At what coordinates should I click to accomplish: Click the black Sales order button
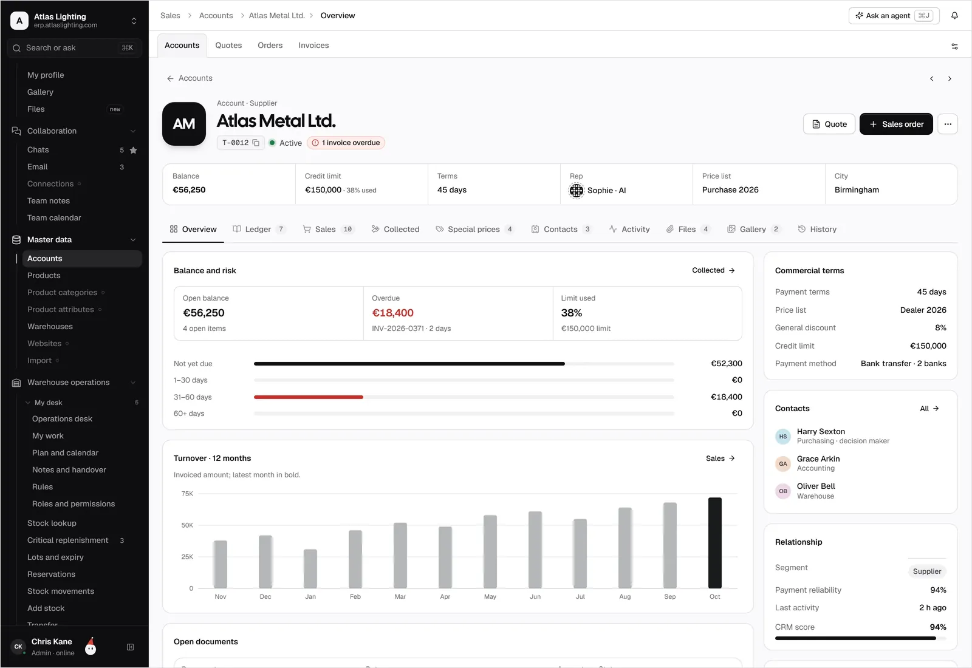click(x=895, y=124)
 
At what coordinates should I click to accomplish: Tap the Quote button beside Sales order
click(x=829, y=124)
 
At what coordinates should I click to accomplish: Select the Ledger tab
click(x=259, y=229)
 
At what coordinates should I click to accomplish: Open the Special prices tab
click(x=474, y=229)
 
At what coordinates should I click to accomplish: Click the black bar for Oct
click(x=714, y=543)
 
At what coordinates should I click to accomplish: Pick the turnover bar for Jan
click(x=310, y=568)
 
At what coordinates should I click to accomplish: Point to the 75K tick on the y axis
click(x=187, y=494)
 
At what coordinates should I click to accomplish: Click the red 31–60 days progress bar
click(x=309, y=397)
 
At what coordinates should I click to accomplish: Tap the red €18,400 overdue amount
click(x=392, y=313)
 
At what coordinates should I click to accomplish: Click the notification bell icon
click(x=954, y=16)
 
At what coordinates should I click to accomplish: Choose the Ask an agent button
click(x=894, y=16)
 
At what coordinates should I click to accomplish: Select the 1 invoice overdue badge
click(x=346, y=143)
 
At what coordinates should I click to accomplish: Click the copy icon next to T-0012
click(x=256, y=143)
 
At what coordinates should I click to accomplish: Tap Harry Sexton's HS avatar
click(x=783, y=437)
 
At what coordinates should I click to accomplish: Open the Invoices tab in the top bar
click(x=313, y=45)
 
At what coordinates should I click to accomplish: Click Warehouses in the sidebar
click(x=50, y=326)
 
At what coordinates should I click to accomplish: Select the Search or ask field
click(x=74, y=48)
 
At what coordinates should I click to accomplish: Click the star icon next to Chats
click(x=133, y=150)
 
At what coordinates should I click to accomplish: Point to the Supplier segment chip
click(x=927, y=571)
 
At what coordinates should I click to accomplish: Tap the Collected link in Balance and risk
click(x=713, y=270)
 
